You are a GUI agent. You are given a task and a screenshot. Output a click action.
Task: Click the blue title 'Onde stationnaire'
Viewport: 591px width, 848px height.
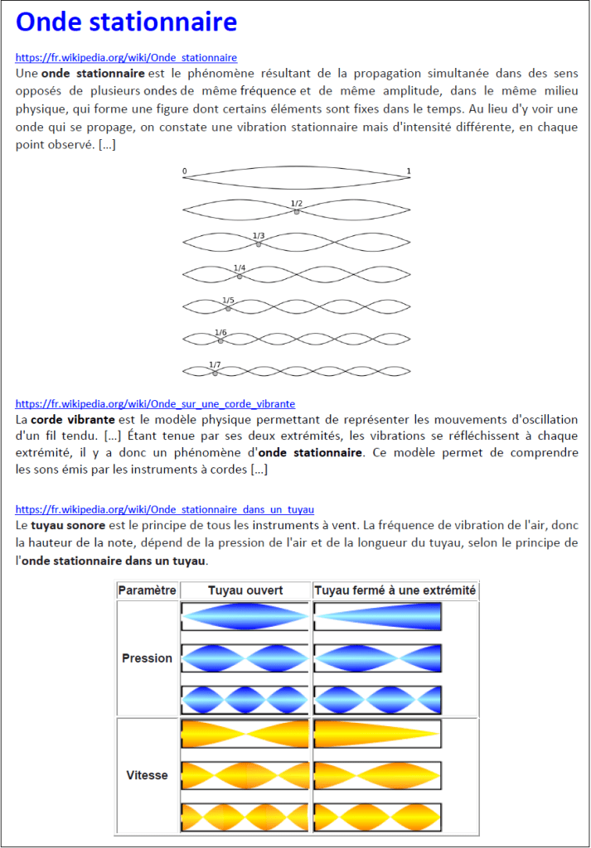[x=126, y=22]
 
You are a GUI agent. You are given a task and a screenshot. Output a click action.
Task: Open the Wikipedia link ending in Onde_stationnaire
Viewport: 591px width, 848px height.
[x=126, y=58]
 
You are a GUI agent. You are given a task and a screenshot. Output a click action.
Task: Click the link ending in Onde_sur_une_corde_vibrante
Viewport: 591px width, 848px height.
[x=155, y=404]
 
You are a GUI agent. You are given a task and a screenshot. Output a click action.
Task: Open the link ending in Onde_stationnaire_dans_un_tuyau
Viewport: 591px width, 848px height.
[x=164, y=509]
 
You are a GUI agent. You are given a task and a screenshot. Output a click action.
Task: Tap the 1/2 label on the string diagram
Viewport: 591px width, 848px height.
[x=296, y=203]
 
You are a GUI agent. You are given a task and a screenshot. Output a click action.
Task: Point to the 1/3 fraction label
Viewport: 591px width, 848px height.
[x=259, y=235]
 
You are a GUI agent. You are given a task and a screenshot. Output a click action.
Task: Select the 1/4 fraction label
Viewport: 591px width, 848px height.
[x=240, y=267]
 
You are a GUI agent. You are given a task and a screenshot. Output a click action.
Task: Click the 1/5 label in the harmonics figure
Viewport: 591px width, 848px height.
[x=228, y=300]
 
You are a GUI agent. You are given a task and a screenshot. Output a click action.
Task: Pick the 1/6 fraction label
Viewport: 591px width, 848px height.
[x=220, y=332]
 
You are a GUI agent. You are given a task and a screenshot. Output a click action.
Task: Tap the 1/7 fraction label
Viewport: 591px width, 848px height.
[x=215, y=364]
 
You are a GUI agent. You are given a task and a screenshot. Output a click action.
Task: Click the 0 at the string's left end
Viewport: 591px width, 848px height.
[x=184, y=171]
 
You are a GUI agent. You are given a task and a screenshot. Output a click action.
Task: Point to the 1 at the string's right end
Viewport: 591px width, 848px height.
[x=409, y=171]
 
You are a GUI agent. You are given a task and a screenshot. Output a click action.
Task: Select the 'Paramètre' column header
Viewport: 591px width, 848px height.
[x=147, y=590]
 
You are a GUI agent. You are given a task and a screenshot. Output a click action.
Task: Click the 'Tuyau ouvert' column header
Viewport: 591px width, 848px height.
[x=245, y=590]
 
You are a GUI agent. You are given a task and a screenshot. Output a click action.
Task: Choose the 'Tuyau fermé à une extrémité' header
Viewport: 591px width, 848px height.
[x=395, y=590]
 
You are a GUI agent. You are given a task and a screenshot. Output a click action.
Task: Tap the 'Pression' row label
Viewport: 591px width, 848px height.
[x=147, y=658]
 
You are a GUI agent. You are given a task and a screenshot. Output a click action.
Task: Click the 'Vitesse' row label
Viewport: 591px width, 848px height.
[x=147, y=775]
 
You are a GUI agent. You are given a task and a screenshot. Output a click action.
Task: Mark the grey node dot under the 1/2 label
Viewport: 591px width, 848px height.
[x=296, y=212]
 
